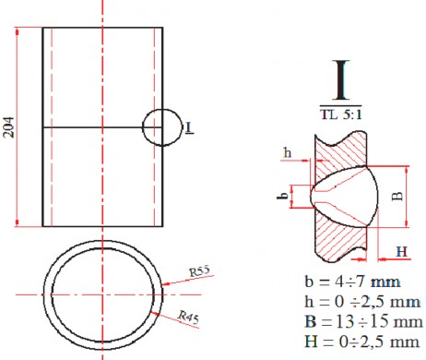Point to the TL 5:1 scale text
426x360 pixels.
(346, 115)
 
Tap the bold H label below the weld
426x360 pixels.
(401, 251)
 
